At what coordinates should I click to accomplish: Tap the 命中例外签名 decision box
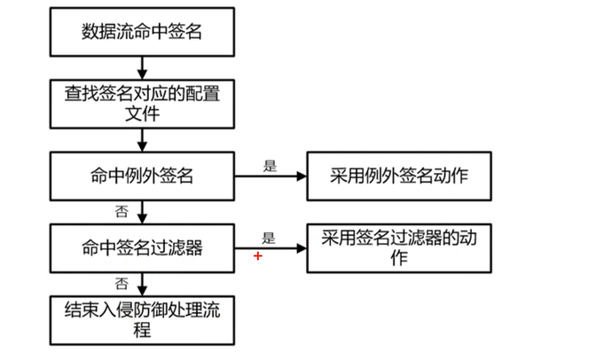[x=142, y=175]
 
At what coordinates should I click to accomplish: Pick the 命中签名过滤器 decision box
[x=142, y=247]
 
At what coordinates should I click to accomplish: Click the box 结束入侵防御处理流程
[x=142, y=319]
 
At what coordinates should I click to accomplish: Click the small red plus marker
[x=258, y=255]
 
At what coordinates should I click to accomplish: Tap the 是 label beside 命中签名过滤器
[x=269, y=236]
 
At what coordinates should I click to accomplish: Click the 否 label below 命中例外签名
[x=121, y=212]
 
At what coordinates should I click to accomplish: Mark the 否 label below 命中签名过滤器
[x=121, y=283]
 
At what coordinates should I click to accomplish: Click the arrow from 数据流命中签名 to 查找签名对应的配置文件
[x=142, y=67]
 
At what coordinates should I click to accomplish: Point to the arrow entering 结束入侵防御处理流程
[x=142, y=284]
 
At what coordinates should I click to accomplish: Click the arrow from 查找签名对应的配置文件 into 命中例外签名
[x=142, y=139]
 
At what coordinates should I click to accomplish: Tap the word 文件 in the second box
[x=142, y=114]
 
